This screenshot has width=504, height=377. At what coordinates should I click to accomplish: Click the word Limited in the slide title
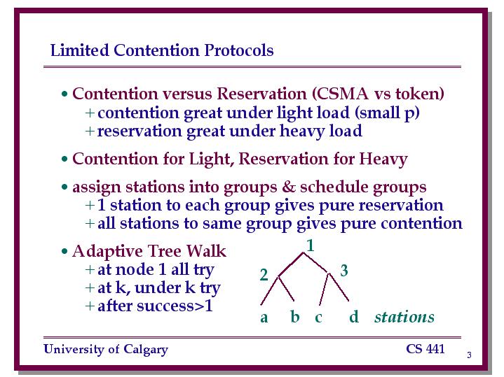80,50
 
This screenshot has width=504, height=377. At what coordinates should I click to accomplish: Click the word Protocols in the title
239,50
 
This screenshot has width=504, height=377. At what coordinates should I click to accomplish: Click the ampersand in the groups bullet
288,187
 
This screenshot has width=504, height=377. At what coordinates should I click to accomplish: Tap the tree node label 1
310,246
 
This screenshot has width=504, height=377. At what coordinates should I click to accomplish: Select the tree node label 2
264,275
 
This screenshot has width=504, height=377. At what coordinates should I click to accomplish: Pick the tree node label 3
344,271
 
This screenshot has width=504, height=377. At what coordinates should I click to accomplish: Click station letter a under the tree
264,318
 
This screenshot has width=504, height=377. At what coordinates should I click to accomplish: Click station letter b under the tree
295,316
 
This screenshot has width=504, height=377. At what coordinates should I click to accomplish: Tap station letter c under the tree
318,318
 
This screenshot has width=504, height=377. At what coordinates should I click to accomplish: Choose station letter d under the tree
354,316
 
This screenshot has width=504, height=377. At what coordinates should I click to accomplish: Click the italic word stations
404,317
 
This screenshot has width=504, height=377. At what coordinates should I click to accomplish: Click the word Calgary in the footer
146,350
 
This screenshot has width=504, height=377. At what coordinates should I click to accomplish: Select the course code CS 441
425,349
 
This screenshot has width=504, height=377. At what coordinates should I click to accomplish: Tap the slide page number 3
469,355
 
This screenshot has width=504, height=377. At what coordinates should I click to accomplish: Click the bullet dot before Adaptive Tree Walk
64,252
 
